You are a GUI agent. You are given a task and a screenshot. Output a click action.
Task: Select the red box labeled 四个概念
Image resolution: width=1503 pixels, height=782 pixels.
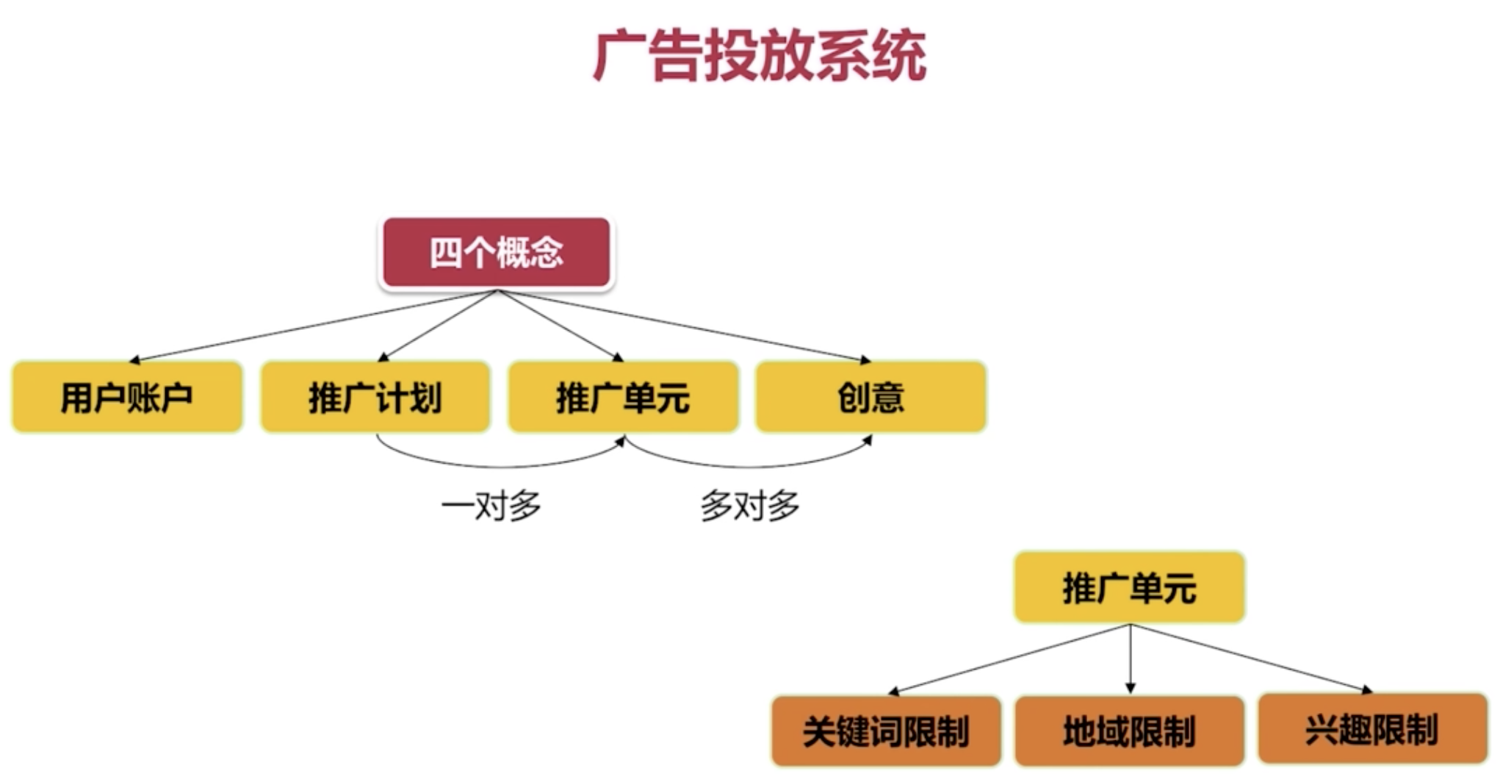click(497, 252)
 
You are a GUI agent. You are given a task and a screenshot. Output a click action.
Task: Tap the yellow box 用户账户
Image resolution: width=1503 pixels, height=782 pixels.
click(127, 397)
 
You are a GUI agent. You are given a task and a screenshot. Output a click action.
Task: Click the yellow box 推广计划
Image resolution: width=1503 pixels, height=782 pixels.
click(375, 397)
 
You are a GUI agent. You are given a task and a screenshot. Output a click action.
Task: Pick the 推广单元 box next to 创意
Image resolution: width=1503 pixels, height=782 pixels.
click(623, 397)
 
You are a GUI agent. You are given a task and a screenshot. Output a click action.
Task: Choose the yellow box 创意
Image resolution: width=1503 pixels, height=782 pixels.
click(871, 397)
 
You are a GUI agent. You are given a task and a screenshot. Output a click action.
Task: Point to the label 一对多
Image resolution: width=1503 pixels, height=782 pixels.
click(491, 506)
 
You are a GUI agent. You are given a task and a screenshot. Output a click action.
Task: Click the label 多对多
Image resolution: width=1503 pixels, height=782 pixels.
click(749, 506)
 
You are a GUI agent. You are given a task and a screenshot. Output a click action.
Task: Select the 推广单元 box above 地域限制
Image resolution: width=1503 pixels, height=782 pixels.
click(1129, 587)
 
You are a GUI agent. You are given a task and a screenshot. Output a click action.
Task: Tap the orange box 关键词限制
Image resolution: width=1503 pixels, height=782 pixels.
click(886, 731)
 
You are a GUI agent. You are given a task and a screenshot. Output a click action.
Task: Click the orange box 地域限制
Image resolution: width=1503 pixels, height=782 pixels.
click(1129, 731)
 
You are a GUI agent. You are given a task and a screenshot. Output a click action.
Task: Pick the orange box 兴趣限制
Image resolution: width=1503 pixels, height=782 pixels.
click(1372, 730)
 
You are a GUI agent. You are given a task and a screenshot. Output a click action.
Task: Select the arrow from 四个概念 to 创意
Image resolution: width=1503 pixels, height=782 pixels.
click(683, 326)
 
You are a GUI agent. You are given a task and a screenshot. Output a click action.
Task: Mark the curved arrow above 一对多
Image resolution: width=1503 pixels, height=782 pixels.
click(500, 465)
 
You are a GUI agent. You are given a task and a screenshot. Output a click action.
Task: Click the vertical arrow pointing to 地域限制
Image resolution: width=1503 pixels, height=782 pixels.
click(1130, 658)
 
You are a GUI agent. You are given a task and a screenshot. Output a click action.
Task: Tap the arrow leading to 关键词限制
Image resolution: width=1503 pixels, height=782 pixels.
click(1010, 658)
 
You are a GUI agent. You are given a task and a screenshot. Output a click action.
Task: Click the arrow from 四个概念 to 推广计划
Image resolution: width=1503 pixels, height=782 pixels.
click(439, 326)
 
